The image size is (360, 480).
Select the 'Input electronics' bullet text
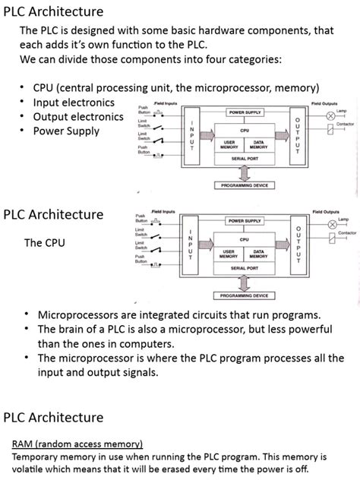pos(74,103)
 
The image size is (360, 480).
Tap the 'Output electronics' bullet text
pos(78,117)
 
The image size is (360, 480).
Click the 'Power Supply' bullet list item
pos(66,131)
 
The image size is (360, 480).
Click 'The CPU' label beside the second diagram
pos(44,243)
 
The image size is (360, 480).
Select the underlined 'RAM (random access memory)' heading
pos(77,444)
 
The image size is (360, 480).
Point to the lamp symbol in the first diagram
pos(330,116)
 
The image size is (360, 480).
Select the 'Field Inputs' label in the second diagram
pos(163,211)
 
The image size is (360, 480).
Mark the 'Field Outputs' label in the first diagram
pos(325,103)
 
